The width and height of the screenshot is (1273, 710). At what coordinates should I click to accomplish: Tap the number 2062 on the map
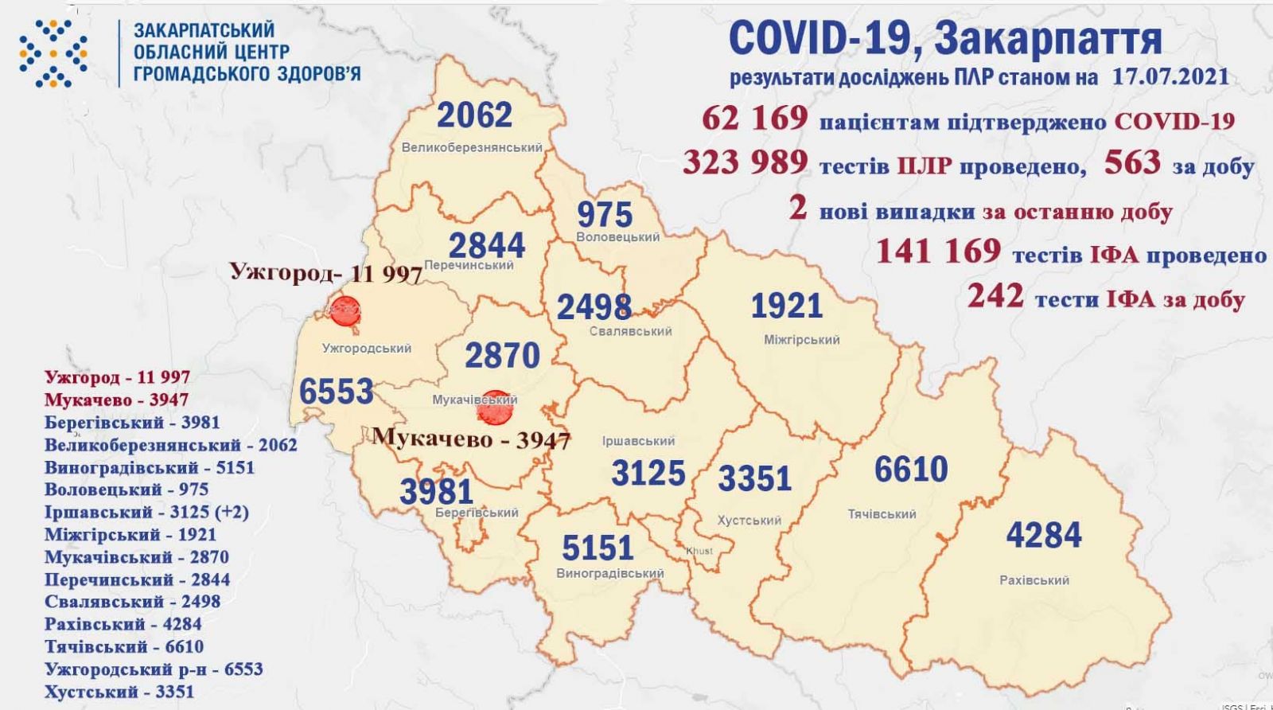pos(475,116)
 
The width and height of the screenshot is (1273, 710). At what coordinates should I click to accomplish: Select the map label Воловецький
pos(619,237)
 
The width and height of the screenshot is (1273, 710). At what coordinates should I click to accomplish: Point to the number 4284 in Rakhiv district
pos(1044,535)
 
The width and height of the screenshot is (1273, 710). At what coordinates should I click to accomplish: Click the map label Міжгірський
pos(802,340)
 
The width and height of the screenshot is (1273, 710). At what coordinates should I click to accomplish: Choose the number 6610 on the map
pos(911,470)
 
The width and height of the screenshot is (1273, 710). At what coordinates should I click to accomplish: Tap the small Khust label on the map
pos(700,551)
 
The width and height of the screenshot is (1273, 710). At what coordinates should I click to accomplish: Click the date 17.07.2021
pos(1168,77)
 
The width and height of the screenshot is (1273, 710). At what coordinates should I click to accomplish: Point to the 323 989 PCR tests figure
pos(746,163)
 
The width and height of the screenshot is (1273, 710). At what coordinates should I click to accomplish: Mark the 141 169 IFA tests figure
pos(938,252)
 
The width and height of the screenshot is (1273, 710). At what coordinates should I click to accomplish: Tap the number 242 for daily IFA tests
pos(995,296)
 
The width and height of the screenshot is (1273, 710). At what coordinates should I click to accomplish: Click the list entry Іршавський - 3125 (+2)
pos(146,512)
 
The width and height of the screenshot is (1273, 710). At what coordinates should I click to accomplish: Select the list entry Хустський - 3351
pos(119,692)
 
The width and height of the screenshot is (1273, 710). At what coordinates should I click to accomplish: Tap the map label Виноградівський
pos(610,573)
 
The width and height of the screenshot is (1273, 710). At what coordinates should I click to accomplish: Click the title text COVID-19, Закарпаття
pos(944,38)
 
